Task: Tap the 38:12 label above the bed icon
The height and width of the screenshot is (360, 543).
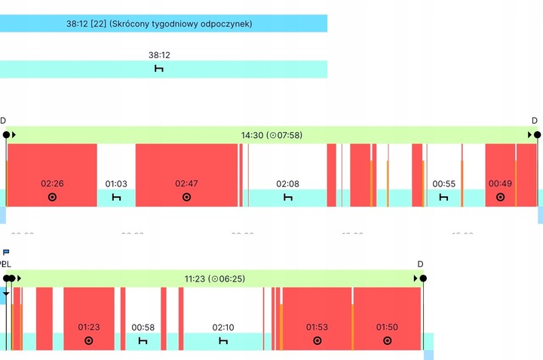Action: tap(159, 55)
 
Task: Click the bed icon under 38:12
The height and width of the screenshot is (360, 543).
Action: tap(159, 69)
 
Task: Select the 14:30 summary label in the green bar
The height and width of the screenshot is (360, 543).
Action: tap(271, 135)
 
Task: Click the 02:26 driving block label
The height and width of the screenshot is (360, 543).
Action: tap(52, 183)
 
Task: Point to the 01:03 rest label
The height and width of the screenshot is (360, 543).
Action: tap(116, 183)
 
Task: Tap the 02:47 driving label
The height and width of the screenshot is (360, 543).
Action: tap(186, 183)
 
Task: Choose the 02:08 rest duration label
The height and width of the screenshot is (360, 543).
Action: tap(287, 183)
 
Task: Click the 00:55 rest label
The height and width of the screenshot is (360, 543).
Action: tap(444, 183)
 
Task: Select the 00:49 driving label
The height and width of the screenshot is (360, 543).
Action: tap(500, 183)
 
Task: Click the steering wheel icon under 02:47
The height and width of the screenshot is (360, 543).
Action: tap(186, 197)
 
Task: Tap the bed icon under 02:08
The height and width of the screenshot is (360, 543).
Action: tap(287, 197)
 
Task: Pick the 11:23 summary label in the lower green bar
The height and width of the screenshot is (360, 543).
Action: tap(215, 278)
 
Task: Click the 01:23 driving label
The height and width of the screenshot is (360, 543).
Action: tap(89, 327)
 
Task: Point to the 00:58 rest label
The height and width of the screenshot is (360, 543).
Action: tap(143, 327)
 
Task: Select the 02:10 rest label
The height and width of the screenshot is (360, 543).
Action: tap(223, 327)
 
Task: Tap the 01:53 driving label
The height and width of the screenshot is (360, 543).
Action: tap(317, 327)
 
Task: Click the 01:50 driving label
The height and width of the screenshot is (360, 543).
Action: tap(387, 327)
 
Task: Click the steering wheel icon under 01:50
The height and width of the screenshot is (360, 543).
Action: tap(387, 340)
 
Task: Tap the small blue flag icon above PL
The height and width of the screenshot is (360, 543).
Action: tap(6, 252)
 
